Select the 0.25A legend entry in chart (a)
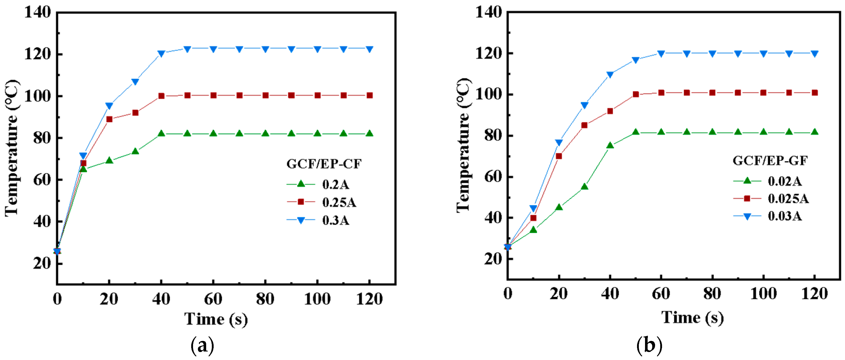click(x=339, y=202)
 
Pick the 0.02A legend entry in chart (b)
click(x=784, y=181)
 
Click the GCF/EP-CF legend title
click(x=324, y=164)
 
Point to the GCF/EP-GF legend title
click(x=770, y=160)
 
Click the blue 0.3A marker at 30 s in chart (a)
click(x=135, y=82)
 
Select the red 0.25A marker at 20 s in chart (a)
click(x=109, y=119)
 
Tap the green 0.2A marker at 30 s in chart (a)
click(x=135, y=151)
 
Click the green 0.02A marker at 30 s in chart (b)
click(x=584, y=187)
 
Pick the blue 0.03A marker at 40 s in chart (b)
click(x=610, y=75)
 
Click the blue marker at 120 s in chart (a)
click(x=369, y=49)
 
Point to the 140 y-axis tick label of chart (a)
click(x=38, y=12)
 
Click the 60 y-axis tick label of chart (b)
click(x=493, y=177)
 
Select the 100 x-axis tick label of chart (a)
click(x=317, y=299)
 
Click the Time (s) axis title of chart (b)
click(x=692, y=317)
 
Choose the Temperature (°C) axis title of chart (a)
click(x=12, y=148)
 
